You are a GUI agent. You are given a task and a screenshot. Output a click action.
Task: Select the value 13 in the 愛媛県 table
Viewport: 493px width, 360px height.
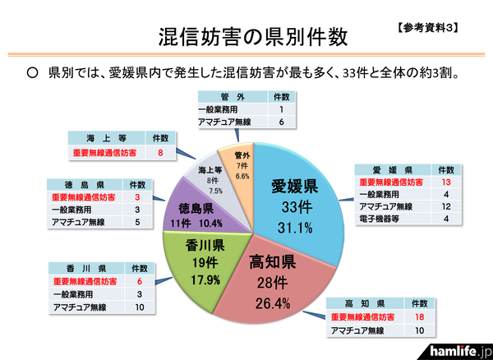click(446, 182)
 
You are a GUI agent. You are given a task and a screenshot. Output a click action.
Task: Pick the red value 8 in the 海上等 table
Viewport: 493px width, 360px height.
click(161, 152)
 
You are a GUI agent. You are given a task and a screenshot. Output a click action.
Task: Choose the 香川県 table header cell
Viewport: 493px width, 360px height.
click(85, 267)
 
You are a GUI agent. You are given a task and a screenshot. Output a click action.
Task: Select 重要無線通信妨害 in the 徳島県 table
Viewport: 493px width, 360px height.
click(84, 198)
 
